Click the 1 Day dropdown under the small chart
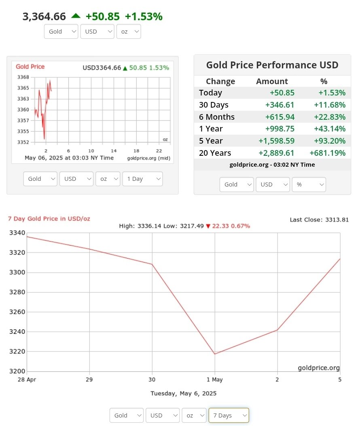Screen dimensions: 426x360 click(x=142, y=179)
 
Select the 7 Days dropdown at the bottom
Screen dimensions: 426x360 click(x=229, y=415)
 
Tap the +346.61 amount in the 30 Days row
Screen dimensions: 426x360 click(x=280, y=105)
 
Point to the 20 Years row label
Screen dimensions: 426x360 click(x=215, y=153)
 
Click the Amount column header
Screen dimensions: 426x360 click(x=272, y=81)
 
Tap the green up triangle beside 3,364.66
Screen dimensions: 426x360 click(x=76, y=16)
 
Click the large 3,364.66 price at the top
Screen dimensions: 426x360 click(x=44, y=17)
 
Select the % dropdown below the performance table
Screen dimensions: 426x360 click(x=309, y=184)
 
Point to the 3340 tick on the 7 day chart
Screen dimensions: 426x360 click(x=17, y=233)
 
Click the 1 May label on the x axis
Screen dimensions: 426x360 click(x=215, y=379)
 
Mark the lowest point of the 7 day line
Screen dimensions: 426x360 click(x=215, y=354)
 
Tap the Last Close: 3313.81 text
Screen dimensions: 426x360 click(x=319, y=220)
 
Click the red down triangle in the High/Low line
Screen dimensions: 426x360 click(x=208, y=226)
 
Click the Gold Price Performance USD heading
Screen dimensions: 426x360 click(x=272, y=65)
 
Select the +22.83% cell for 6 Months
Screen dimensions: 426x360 click(x=330, y=117)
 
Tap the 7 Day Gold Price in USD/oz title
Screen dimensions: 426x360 click(x=49, y=218)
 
